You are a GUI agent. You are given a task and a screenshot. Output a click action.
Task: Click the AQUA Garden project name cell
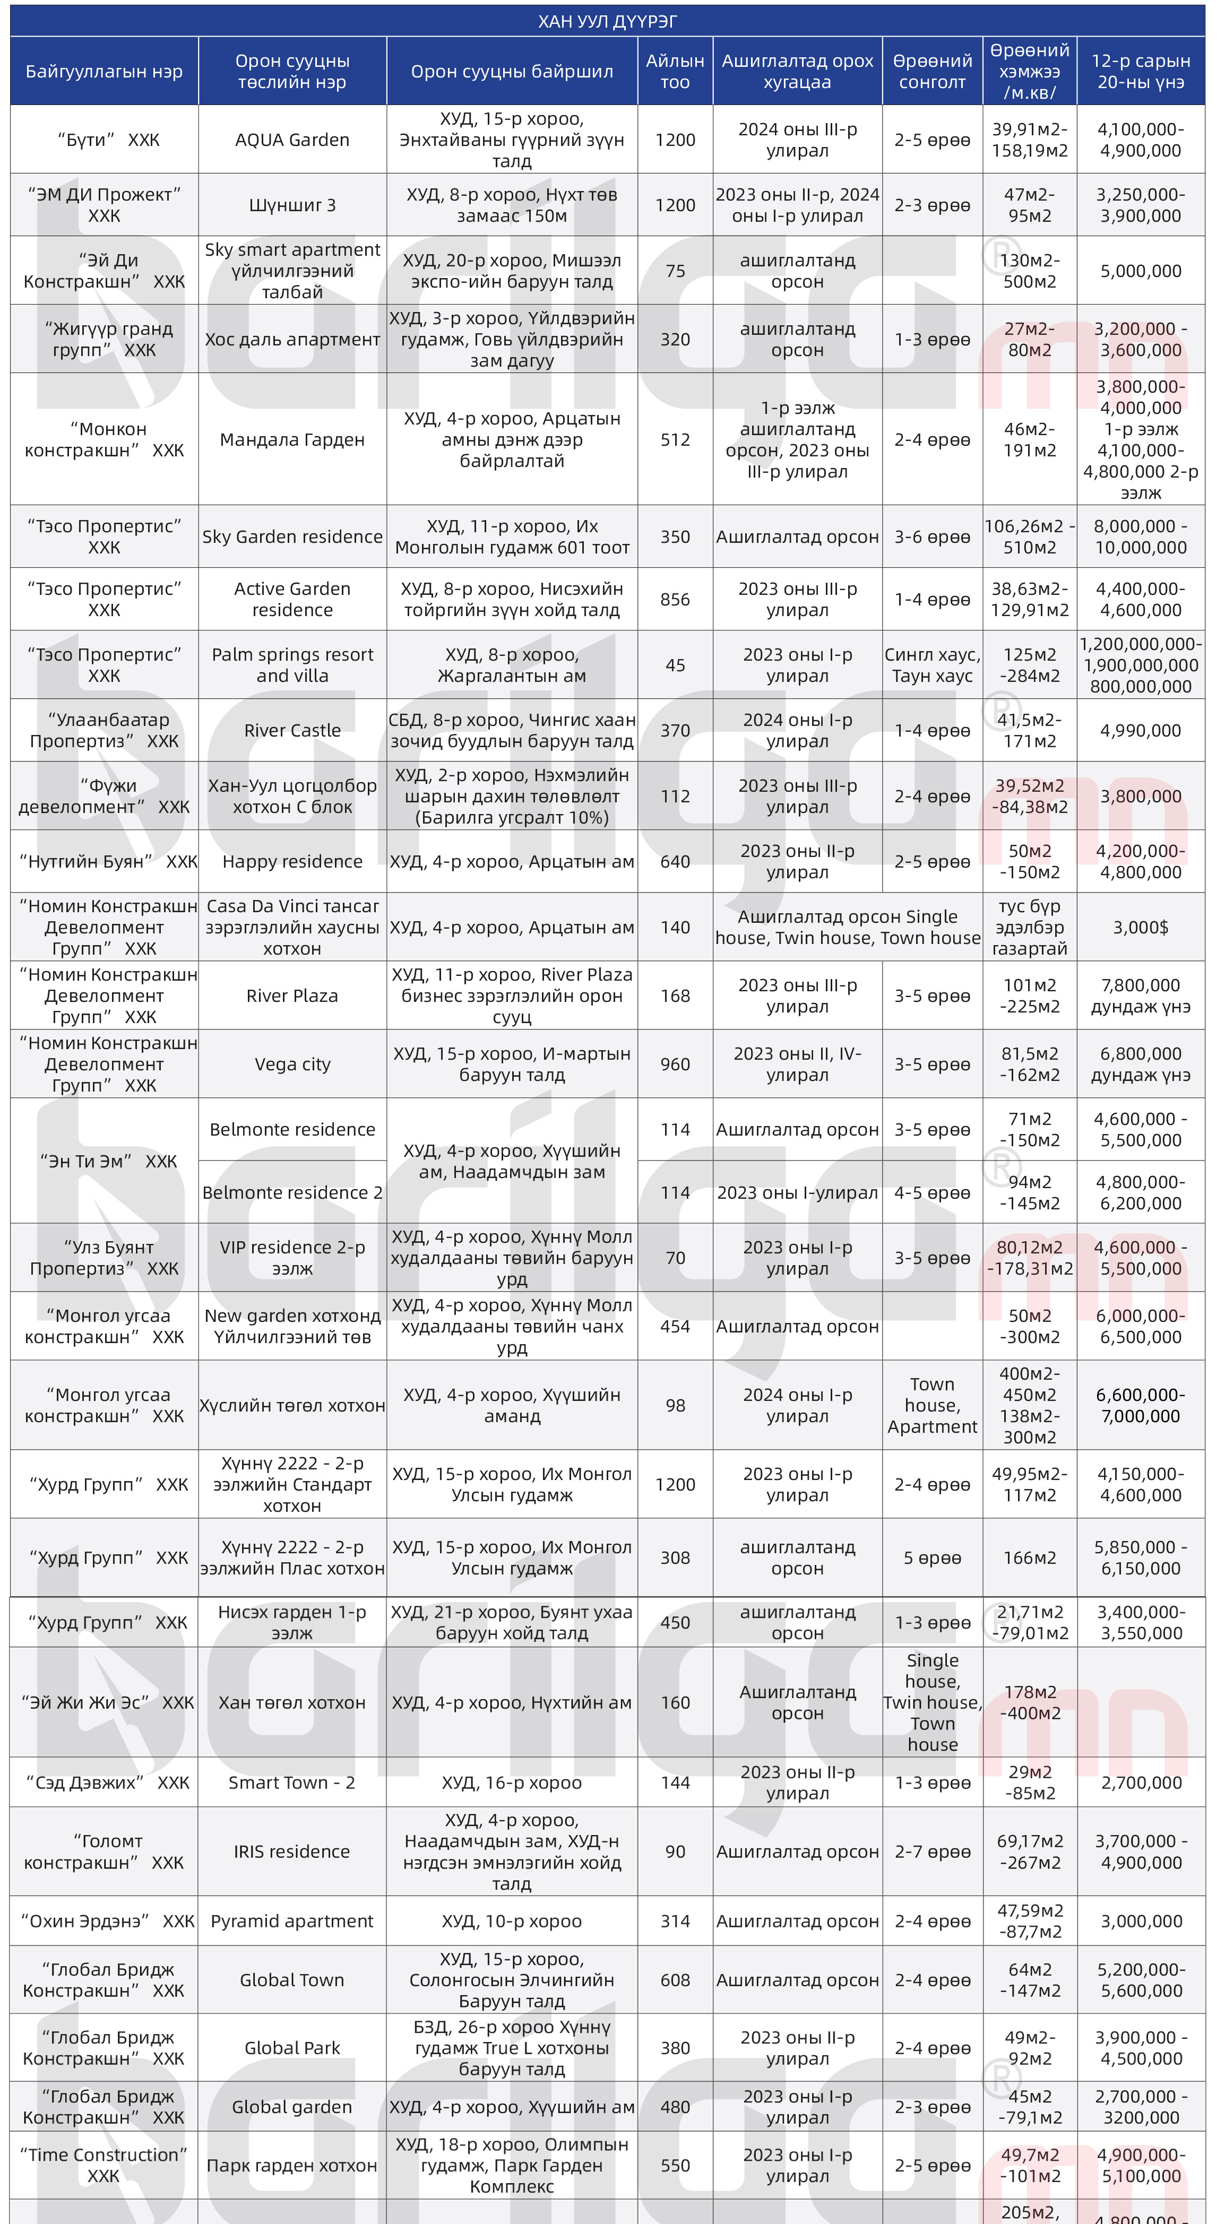point(292,140)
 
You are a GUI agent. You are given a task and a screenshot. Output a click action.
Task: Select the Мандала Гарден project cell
point(292,439)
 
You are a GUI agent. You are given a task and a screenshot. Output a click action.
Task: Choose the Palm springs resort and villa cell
point(292,665)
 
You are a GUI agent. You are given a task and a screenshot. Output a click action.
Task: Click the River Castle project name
point(292,730)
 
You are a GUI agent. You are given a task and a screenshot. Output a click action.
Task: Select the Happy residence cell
point(292,862)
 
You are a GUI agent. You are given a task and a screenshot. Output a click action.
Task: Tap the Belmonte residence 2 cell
point(292,1192)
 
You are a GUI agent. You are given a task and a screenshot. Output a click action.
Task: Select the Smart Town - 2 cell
point(292,1783)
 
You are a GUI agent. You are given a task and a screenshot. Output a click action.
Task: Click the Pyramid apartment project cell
point(292,1921)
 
